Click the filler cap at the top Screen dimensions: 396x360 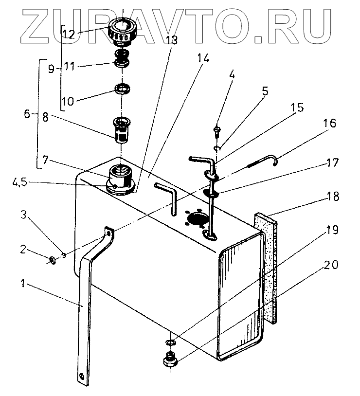[122, 30]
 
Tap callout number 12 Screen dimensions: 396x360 [69, 35]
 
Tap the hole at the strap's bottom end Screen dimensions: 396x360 [81, 375]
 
